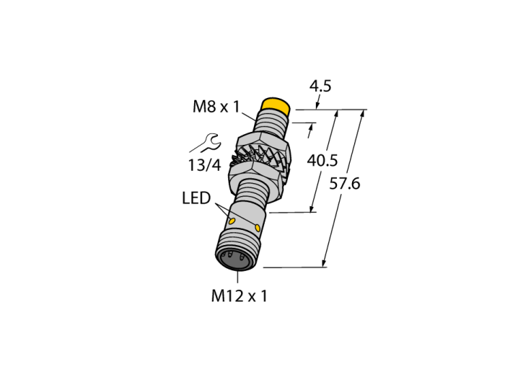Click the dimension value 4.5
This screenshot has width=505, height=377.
[x=320, y=87]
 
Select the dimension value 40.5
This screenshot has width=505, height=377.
[x=322, y=161]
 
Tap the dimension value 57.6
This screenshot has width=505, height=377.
[x=345, y=184]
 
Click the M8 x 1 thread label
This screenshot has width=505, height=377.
[x=216, y=107]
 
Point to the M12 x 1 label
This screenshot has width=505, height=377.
[x=239, y=296]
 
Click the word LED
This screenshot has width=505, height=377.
[x=196, y=198]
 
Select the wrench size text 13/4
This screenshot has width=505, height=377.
[x=204, y=165]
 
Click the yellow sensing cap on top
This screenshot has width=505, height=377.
[x=276, y=105]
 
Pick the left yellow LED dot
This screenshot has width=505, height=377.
[x=232, y=221]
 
